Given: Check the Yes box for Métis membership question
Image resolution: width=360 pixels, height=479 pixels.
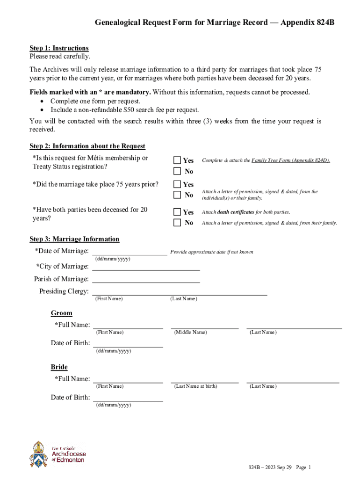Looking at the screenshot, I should pos(177,160).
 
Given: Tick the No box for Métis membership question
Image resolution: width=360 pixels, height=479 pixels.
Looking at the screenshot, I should pos(177,172).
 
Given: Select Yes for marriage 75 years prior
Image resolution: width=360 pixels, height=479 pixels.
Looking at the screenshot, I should pos(177,184).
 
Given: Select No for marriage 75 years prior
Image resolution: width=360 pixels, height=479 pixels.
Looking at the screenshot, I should pos(177,195).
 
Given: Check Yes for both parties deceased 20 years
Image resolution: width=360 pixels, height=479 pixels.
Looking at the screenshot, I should pos(177,212).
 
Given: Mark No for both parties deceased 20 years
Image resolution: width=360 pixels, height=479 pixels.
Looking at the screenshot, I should pos(177,223).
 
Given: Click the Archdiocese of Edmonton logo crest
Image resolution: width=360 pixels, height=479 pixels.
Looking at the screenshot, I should pos(39,454).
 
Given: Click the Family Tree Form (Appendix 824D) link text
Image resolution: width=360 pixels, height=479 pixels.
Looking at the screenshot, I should pos(290,160).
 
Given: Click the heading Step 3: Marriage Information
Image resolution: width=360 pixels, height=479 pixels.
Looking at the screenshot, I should pos(74,239).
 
